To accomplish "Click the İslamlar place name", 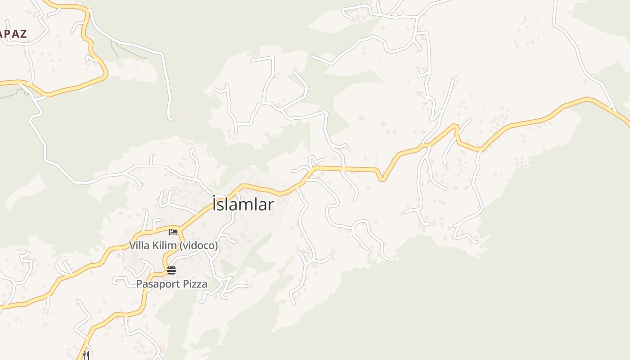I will click(243, 204).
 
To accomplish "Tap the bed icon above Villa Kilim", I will click(173, 232).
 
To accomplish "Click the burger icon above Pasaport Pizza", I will click(171, 270).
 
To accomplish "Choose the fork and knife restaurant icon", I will click(86, 355).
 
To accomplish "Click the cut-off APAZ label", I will click(13, 33).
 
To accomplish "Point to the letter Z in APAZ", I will click(22, 33).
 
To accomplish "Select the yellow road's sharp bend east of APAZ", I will click(106, 74).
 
